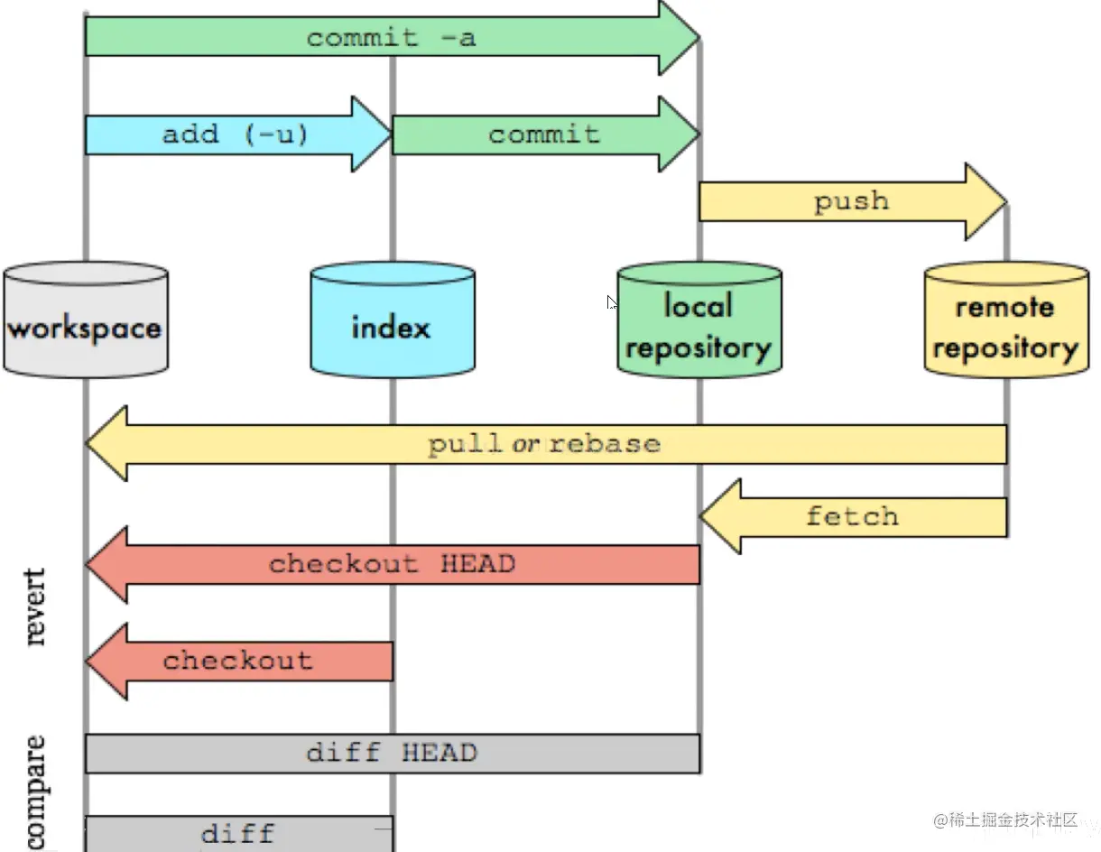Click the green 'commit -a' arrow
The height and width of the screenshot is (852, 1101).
click(x=390, y=38)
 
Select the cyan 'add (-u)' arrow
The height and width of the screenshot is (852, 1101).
click(x=235, y=134)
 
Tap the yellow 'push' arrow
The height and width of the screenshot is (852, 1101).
click(x=850, y=201)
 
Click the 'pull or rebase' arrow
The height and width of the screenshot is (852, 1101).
click(x=544, y=444)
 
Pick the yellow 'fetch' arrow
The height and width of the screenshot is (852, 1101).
click(x=851, y=516)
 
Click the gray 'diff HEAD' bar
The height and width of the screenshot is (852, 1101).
click(x=392, y=753)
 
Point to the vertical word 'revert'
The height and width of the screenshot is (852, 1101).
click(x=35, y=606)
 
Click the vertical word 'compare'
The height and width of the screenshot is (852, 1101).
click(x=35, y=792)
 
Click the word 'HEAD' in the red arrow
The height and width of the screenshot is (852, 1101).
click(x=477, y=564)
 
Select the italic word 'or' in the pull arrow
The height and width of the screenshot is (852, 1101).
click(x=526, y=444)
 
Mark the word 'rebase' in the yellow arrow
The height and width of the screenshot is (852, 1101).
click(x=605, y=444)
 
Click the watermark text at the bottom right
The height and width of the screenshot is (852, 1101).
click(x=1006, y=820)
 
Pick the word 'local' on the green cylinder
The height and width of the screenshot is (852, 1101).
click(x=698, y=306)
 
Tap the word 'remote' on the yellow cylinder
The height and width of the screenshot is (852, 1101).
click(x=1004, y=307)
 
